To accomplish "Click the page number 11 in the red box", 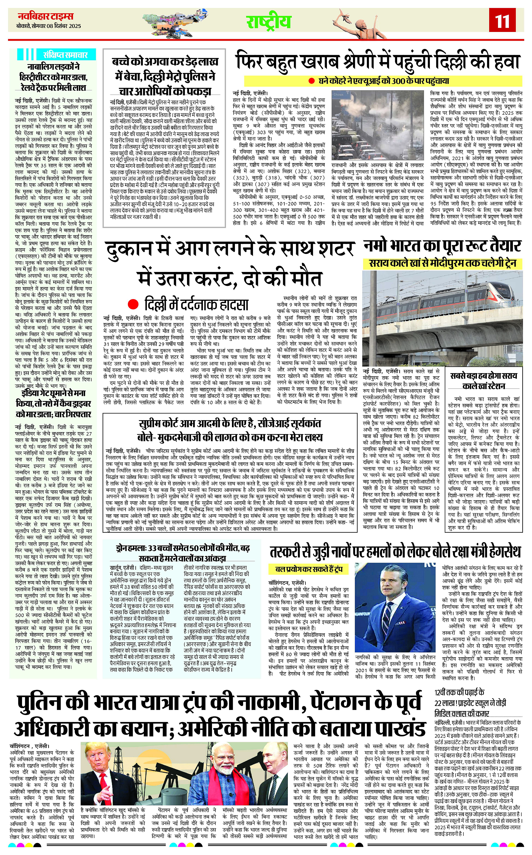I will [x=502, y=21].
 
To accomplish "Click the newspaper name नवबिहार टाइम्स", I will [x=46, y=16].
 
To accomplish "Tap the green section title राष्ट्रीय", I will [x=268, y=22].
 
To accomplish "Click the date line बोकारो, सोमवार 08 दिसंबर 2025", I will [x=49, y=26].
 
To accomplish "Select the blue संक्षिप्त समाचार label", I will [x=65, y=55].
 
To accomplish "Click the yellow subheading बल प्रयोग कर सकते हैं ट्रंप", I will [x=307, y=569].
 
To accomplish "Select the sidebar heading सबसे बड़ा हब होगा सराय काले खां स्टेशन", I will [x=484, y=381].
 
